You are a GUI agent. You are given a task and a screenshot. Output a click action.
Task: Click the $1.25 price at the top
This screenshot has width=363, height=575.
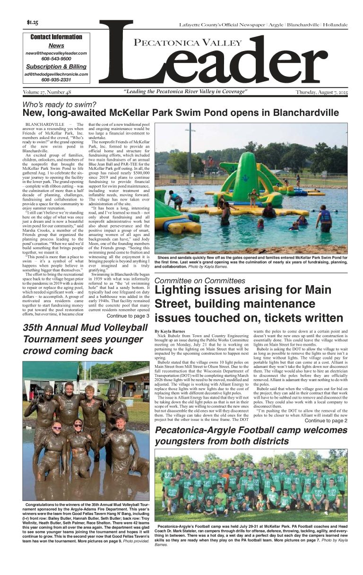tap(33, 23)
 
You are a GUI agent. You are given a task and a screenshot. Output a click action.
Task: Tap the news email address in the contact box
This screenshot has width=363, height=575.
tap(56, 53)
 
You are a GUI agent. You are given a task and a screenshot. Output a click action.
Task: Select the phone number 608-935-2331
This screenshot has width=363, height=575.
tap(56, 80)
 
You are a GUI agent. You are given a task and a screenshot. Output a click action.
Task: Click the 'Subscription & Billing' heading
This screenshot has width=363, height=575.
tap(56, 67)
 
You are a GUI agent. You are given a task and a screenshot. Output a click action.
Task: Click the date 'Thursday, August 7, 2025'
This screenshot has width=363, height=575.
tap(321, 92)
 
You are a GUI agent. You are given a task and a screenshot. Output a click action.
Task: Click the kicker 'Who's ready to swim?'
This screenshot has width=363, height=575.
tap(60, 105)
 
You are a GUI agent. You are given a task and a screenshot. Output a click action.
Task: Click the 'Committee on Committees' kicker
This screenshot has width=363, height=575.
tap(200, 281)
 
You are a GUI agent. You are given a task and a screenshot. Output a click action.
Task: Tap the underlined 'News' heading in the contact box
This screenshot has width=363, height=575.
tap(56, 45)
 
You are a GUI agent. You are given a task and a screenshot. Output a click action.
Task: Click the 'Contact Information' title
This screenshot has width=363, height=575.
tap(56, 37)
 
